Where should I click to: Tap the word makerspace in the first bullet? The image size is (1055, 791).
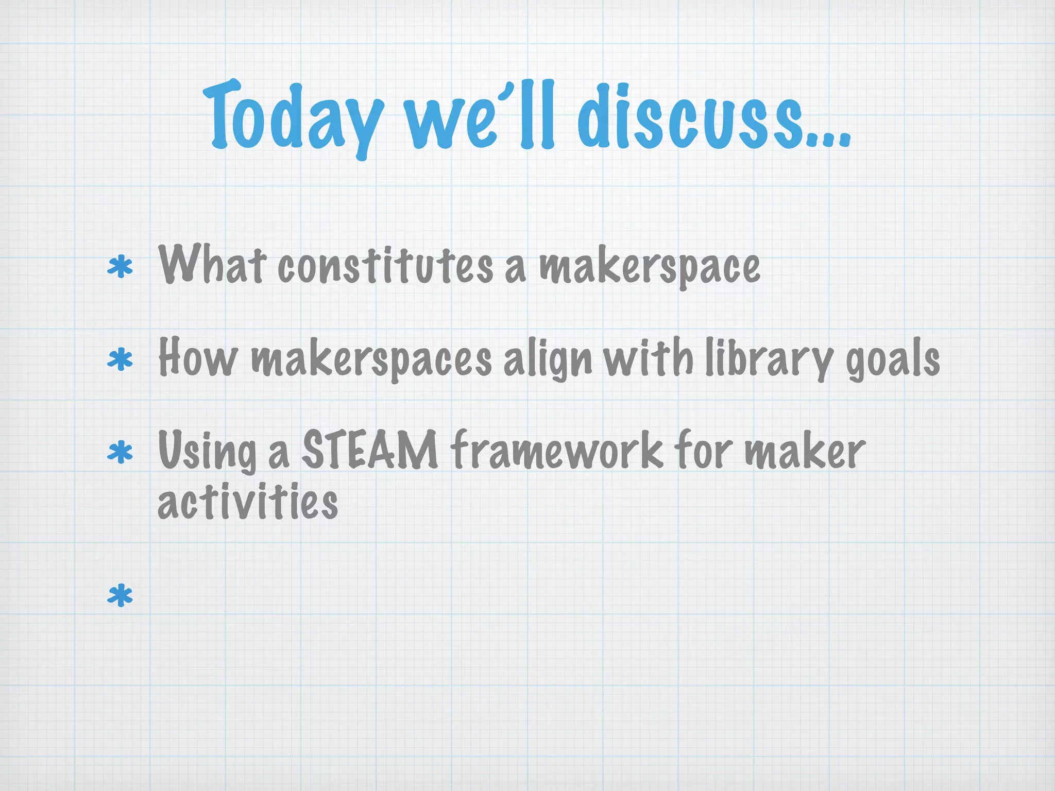pyautogui.click(x=649, y=268)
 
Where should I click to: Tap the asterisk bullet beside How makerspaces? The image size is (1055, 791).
pyautogui.click(x=120, y=359)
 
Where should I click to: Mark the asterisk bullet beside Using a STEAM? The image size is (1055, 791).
pyautogui.click(x=120, y=452)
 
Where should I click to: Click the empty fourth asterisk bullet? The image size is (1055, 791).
pyautogui.click(x=120, y=595)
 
